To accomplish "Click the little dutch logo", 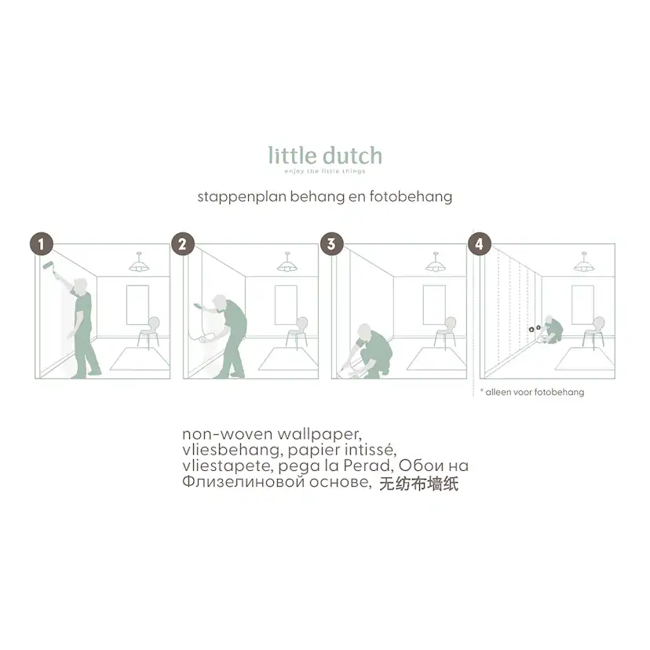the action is [325, 156].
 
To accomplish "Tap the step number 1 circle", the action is [42, 243].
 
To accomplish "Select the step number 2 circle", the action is [183, 243].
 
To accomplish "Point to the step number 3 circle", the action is [331, 243].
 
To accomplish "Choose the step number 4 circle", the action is [479, 243].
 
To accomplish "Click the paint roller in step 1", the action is [49, 267].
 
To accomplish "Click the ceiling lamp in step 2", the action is [287, 262].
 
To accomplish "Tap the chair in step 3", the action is [445, 331].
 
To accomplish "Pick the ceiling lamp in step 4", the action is [584, 262].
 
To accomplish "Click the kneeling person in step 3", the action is [367, 351].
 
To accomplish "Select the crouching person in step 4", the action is [551, 330].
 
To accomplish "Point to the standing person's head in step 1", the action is [80, 286].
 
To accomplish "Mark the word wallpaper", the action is [320, 434].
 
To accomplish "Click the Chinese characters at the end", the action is [418, 484].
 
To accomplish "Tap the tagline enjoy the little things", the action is [325, 171].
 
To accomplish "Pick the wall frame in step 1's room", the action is [137, 305].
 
